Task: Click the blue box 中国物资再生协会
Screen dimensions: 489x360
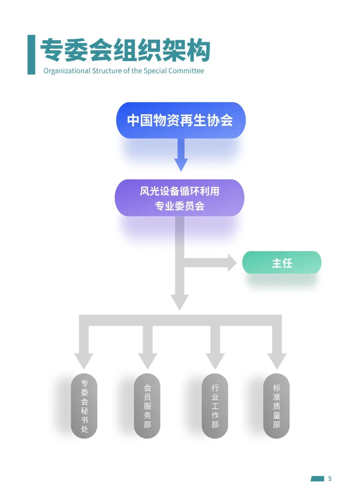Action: point(180,120)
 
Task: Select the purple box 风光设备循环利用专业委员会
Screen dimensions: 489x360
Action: point(179,198)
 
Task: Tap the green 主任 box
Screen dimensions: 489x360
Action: point(282,263)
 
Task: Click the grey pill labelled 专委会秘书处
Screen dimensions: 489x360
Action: point(84,406)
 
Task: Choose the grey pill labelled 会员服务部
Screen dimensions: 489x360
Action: point(147,406)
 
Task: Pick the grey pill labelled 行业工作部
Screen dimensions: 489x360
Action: point(215,406)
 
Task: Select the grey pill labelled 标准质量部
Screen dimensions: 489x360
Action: point(277,406)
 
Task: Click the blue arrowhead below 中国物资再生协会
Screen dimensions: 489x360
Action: point(181,164)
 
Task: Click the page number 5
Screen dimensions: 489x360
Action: point(330,479)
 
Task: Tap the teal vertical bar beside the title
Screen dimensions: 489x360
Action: point(31,55)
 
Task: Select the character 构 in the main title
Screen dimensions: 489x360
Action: point(198,50)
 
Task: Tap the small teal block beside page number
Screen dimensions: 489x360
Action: point(317,479)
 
